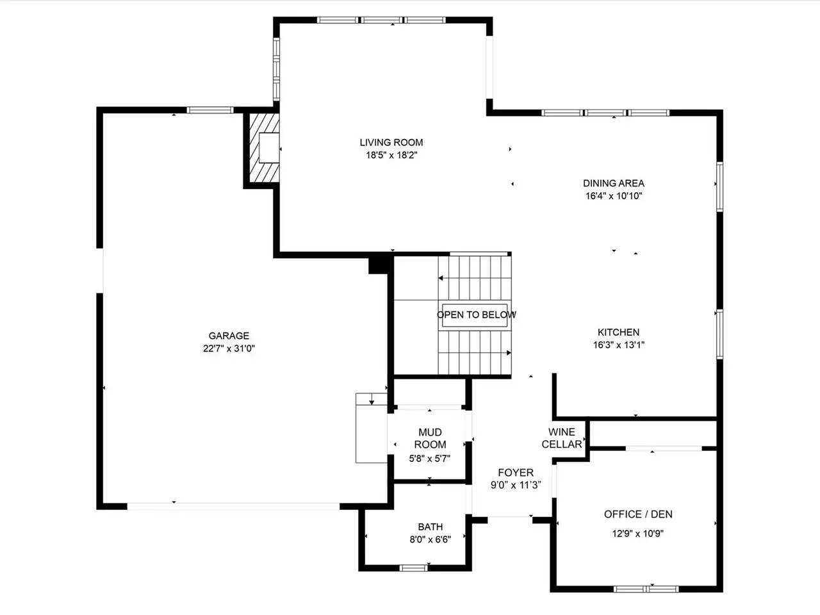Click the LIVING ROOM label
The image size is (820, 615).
[x=391, y=142]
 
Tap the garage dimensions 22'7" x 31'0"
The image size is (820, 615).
[x=229, y=348]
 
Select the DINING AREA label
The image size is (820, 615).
[x=614, y=183]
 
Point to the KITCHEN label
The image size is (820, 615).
[x=618, y=332]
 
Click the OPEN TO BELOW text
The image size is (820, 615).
[x=477, y=315]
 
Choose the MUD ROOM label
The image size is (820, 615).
[x=430, y=438]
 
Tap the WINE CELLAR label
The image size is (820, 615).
[x=562, y=438]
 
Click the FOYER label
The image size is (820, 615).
[x=516, y=472]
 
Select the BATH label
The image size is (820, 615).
[x=430, y=527]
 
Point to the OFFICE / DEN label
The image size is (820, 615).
[x=638, y=514]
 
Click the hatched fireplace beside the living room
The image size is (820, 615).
[x=264, y=148]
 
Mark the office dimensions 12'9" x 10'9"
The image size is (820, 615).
[x=637, y=534]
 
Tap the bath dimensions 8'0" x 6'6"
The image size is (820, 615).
[x=430, y=539]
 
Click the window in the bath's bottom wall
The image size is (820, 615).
[x=413, y=568]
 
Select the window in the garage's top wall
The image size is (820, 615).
[x=210, y=110]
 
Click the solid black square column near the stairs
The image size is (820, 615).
[x=379, y=264]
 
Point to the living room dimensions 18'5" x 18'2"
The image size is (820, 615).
[x=391, y=155]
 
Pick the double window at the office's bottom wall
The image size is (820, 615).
[x=646, y=589]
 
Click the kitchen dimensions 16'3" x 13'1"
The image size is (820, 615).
[x=619, y=345]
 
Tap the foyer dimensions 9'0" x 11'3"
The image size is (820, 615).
[x=516, y=485]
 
